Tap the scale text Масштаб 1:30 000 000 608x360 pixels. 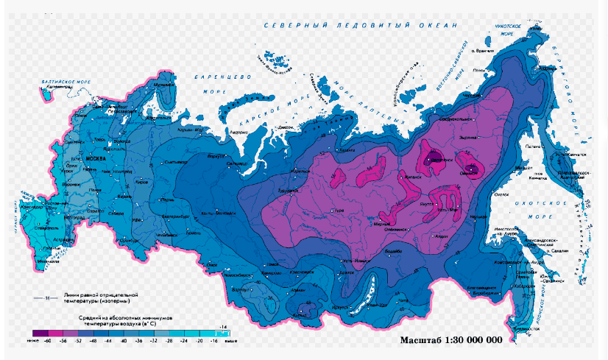[450, 340]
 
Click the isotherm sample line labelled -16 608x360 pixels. [45, 299]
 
